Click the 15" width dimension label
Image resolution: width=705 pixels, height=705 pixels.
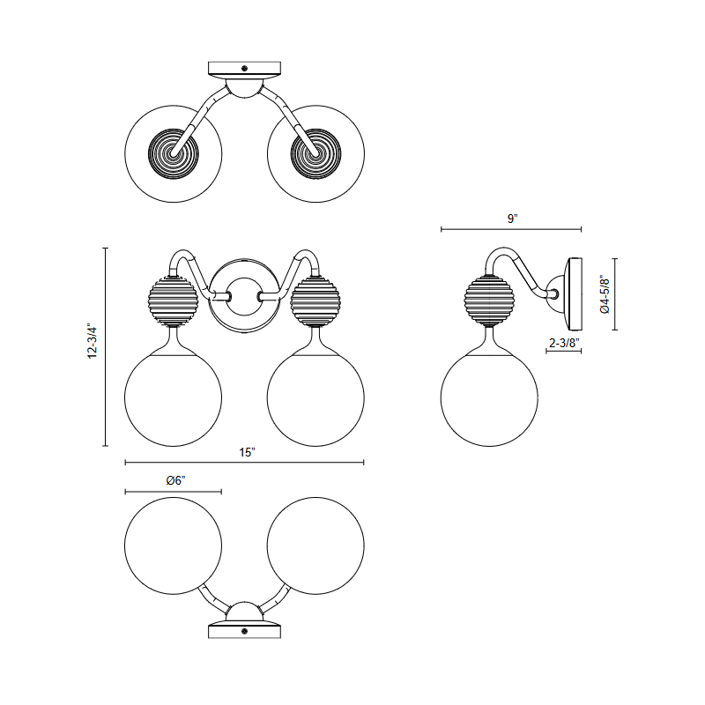[247, 452]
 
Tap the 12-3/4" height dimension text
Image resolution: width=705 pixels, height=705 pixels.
[93, 340]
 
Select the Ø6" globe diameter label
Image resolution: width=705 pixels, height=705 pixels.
[175, 480]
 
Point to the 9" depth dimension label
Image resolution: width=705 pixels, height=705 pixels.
[512, 219]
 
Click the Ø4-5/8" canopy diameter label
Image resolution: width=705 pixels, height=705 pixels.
[605, 295]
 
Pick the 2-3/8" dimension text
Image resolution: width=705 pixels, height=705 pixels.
[564, 343]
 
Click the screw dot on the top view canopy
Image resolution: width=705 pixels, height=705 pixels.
[245, 69]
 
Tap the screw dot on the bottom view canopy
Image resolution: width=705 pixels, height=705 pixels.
[245, 631]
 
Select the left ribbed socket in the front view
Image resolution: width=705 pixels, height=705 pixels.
[173, 301]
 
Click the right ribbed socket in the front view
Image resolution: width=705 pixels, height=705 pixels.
[315, 301]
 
